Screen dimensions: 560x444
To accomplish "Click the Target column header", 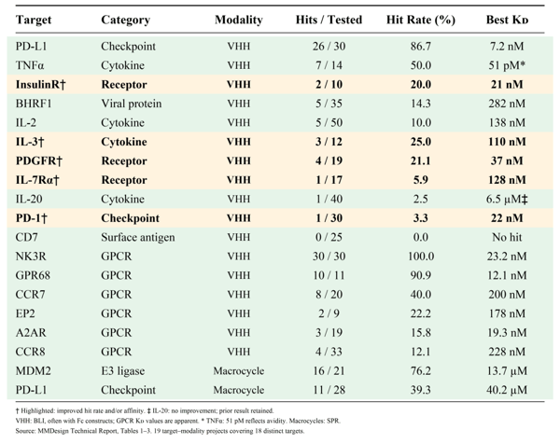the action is click(34, 20).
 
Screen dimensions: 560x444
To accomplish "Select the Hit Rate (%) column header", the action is click(421, 20).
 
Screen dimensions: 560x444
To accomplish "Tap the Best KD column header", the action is click(507, 20).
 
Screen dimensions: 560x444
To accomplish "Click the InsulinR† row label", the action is click(41, 85).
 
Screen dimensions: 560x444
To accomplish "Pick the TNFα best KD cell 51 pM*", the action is click(507, 65).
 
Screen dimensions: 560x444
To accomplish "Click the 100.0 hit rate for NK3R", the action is click(421, 257).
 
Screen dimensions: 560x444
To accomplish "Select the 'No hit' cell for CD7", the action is click(507, 237).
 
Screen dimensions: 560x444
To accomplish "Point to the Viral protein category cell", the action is click(131, 104).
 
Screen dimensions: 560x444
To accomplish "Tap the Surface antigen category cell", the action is click(138, 237).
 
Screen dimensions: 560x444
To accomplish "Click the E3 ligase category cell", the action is click(123, 371).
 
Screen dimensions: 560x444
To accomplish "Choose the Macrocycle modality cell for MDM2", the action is click(239, 371).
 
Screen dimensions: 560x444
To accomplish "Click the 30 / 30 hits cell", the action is click(329, 257).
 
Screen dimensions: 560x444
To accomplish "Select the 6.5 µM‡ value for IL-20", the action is click(507, 200).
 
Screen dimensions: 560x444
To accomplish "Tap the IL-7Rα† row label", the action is click(37, 180).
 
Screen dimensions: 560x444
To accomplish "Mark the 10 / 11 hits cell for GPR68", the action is click(329, 275).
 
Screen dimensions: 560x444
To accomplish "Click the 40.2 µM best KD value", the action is click(507, 390).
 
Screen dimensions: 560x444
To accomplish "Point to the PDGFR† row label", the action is click(39, 161).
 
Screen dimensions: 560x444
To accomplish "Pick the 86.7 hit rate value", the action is click(421, 47).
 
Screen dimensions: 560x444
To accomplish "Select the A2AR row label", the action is click(31, 333).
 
